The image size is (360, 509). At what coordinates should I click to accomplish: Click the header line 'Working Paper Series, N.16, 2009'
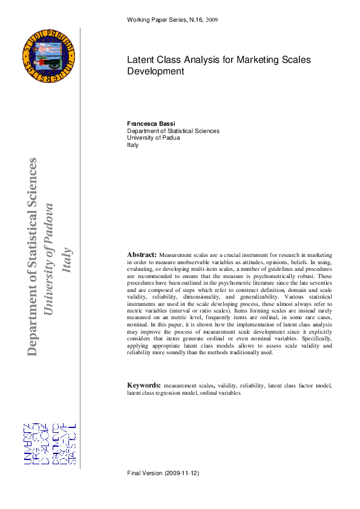click(x=172, y=20)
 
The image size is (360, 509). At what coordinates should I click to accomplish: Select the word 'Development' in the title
click(x=155, y=71)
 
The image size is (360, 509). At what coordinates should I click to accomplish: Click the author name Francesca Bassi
click(x=151, y=123)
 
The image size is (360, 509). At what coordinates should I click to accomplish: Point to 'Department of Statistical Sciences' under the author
click(x=173, y=131)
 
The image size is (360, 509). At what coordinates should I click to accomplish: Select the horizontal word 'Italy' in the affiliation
click(x=133, y=145)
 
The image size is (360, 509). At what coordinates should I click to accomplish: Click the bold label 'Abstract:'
click(x=142, y=255)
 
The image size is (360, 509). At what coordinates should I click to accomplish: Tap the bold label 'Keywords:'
click(x=143, y=385)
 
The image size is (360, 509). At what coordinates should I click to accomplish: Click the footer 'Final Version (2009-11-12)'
click(x=163, y=473)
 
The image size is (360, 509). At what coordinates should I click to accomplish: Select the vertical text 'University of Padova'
click(x=50, y=259)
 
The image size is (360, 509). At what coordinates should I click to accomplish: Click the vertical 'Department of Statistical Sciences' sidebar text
click(x=32, y=257)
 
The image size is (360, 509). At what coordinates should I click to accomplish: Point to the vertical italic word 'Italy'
click(x=68, y=260)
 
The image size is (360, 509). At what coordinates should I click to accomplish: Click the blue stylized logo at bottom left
click(x=50, y=444)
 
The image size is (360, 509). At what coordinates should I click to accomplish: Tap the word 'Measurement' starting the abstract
click(x=175, y=256)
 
